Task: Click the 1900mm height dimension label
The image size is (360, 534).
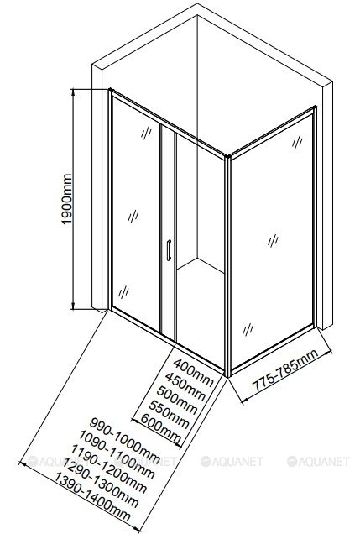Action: (67, 199)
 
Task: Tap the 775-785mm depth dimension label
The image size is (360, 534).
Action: (286, 369)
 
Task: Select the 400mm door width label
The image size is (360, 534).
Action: (194, 372)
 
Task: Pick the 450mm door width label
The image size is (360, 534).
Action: (185, 386)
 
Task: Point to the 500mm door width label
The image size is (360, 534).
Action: (177, 400)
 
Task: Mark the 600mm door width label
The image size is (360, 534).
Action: (160, 428)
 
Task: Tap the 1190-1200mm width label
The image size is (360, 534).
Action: (108, 469)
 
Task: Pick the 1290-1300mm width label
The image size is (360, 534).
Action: (100, 484)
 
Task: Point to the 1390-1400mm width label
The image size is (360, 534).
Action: (91, 498)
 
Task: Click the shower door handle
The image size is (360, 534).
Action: (169, 250)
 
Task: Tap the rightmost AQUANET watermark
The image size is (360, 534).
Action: (318, 462)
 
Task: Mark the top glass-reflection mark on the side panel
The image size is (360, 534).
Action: (297, 142)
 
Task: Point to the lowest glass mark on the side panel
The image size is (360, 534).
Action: (248, 329)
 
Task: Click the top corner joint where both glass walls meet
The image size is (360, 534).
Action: (227, 157)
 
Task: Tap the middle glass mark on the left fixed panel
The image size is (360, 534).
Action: (133, 216)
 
